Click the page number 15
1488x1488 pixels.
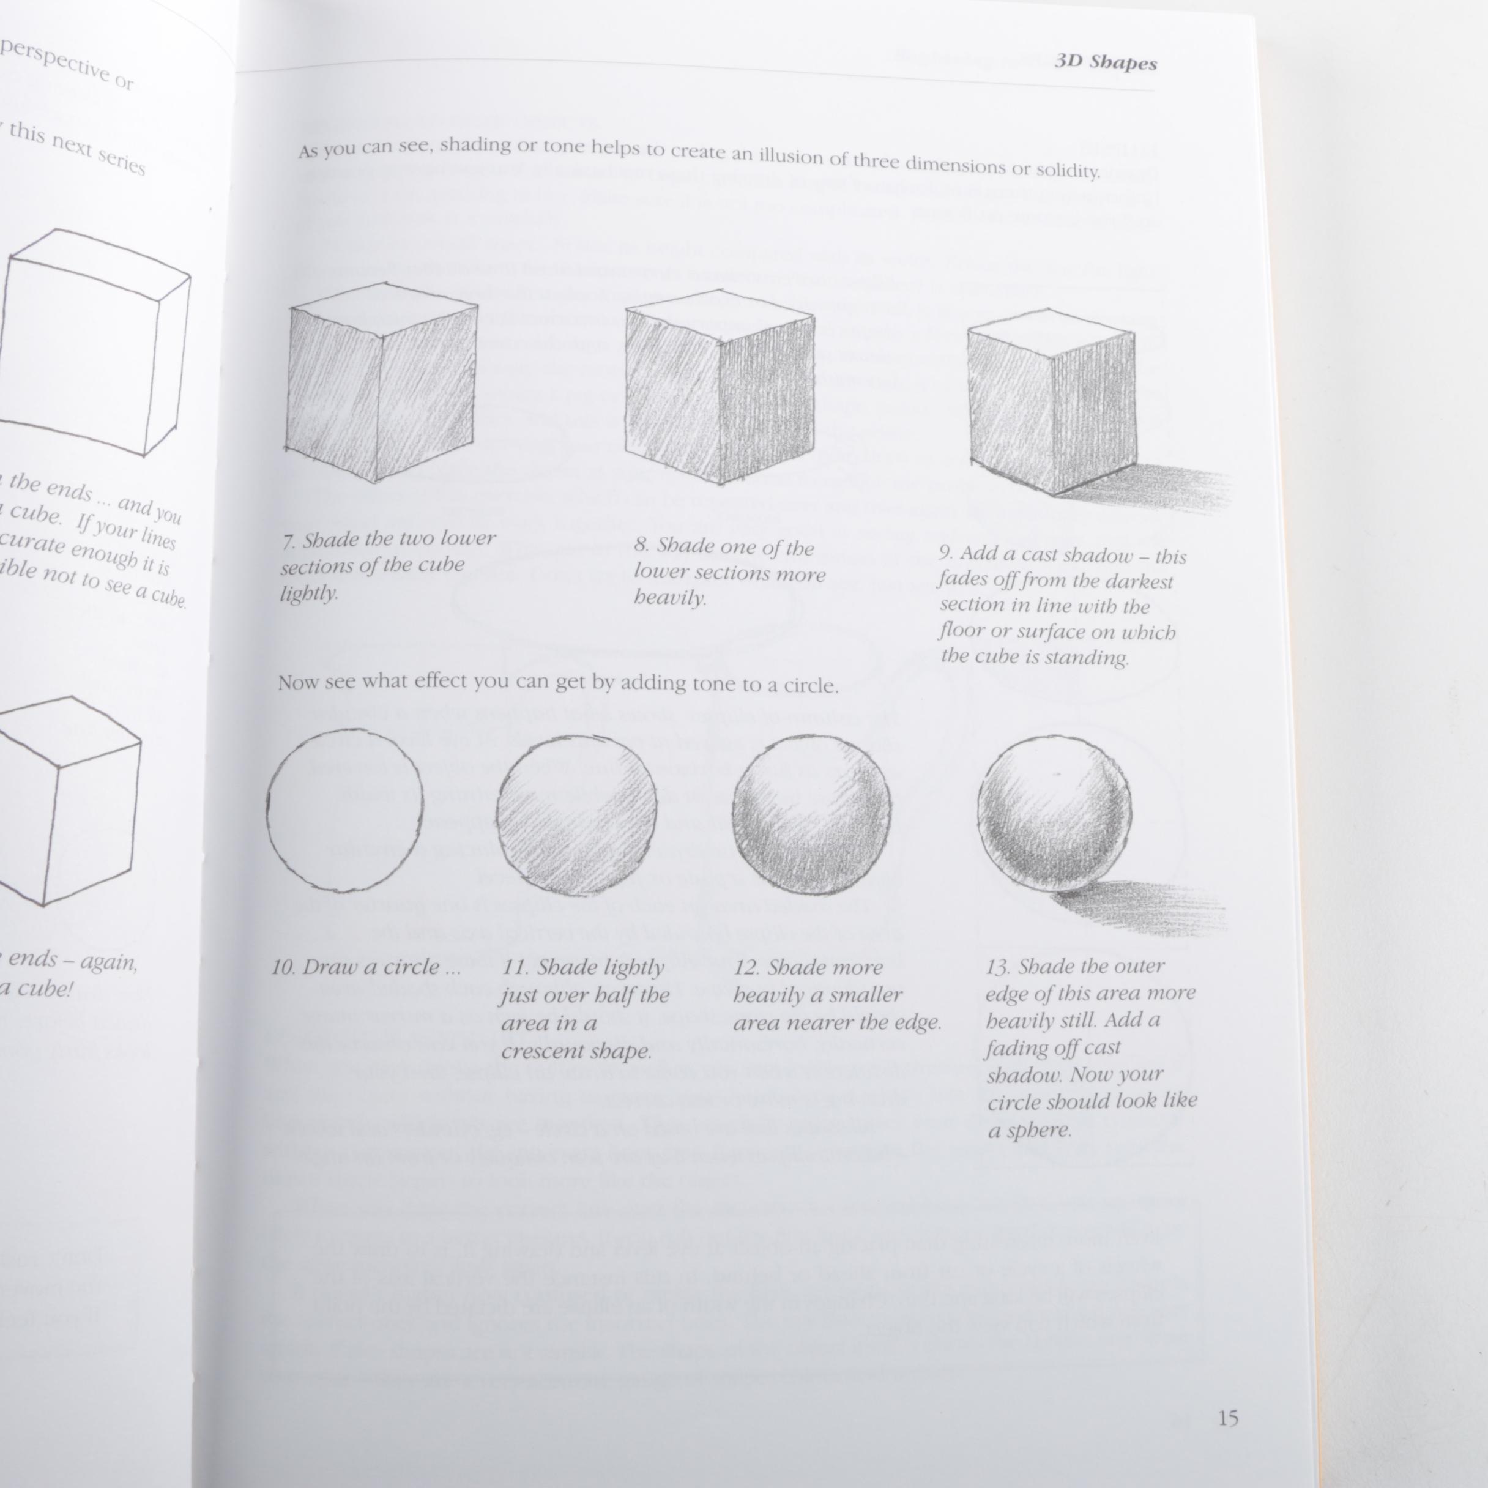(x=1228, y=1418)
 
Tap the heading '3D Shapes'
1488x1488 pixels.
(x=1105, y=62)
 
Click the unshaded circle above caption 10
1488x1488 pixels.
(x=345, y=811)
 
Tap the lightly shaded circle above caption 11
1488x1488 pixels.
(x=576, y=815)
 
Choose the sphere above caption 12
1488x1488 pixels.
(x=812, y=815)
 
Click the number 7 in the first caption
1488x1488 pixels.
(x=288, y=542)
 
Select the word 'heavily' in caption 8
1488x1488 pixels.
(x=669, y=598)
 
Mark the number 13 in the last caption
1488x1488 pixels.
(x=997, y=967)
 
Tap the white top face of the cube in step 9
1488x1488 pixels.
(x=1049, y=324)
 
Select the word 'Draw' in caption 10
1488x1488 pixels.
(x=330, y=967)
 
